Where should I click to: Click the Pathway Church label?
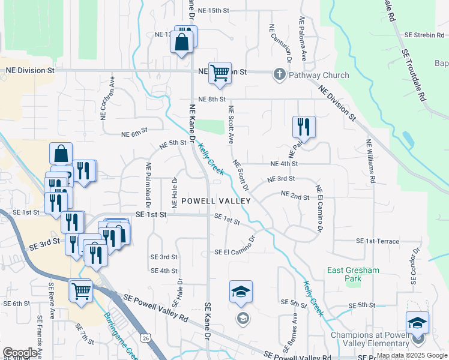319,75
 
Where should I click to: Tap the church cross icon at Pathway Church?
279,75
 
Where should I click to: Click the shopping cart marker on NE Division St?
220,73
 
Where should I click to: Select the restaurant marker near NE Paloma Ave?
304,127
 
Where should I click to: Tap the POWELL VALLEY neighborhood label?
215,201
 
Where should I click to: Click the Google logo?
20,353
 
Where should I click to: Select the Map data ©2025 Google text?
412,355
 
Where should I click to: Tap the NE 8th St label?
212,99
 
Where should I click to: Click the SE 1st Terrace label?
378,241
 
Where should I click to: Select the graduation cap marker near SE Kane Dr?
241,292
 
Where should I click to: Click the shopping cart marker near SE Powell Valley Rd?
80,291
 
